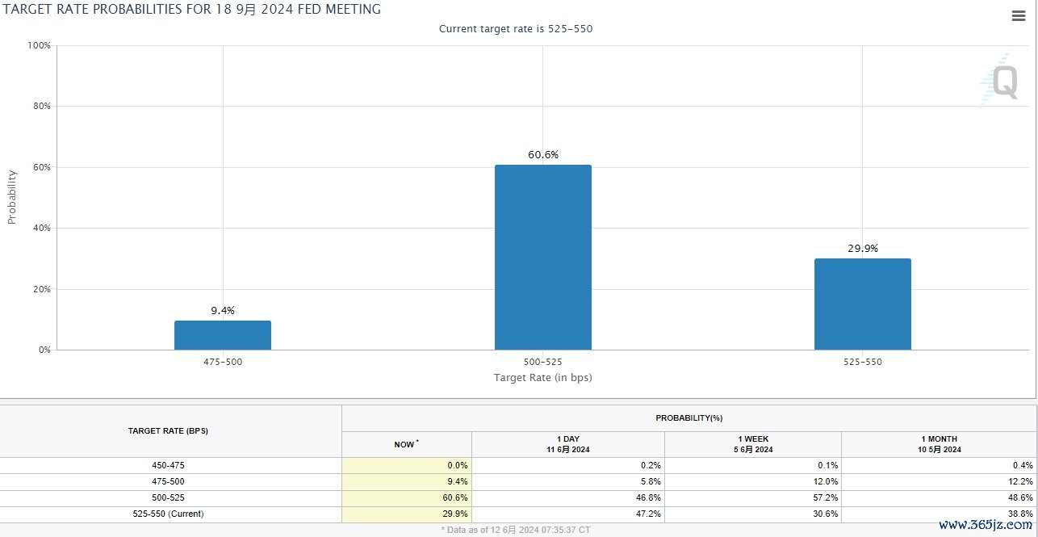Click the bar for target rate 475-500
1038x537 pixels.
tap(223, 335)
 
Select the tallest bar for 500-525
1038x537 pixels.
tap(542, 258)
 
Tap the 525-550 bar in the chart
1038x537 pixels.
tap(862, 304)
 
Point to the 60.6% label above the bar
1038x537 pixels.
tap(543, 155)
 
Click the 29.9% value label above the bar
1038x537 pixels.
tap(863, 249)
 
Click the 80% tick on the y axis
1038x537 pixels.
tap(40, 107)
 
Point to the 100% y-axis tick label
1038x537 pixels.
tap(39, 46)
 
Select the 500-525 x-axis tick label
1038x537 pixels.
tap(542, 363)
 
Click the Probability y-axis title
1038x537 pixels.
tap(12, 197)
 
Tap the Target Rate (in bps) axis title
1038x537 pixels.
tap(542, 377)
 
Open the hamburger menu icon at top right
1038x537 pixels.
tap(1018, 16)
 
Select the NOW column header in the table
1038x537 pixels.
tap(406, 444)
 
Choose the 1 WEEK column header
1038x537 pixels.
tap(753, 443)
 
